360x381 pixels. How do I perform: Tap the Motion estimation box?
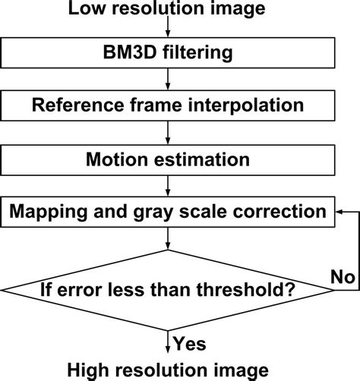click(168, 159)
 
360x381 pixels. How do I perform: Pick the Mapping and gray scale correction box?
click(168, 211)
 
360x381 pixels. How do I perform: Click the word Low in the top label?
click(85, 10)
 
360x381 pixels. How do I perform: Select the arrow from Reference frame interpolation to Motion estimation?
click(168, 133)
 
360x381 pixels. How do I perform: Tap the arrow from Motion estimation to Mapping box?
click(168, 185)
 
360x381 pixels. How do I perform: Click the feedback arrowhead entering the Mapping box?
click(339, 212)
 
